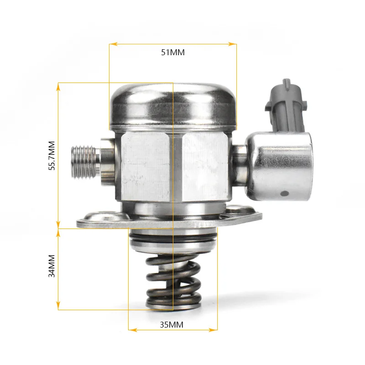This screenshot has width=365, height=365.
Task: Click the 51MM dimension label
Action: [172, 52]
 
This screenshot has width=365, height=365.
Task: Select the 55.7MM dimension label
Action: [52, 155]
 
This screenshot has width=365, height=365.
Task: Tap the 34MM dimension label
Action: [52, 266]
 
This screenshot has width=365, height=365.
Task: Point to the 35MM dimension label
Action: [172, 325]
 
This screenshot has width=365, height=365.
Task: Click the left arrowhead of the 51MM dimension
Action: [112, 44]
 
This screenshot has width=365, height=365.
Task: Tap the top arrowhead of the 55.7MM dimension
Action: [58, 86]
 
